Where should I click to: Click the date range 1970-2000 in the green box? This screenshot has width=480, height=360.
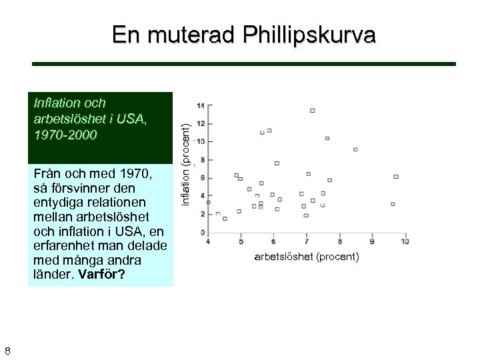pos(65,135)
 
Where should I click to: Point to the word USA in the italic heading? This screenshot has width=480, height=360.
pos(129,119)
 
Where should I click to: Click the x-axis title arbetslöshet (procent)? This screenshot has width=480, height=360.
pos(307,257)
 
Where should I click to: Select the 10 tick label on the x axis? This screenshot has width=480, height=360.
pos(405,241)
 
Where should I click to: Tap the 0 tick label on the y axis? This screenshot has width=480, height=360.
pos(203,232)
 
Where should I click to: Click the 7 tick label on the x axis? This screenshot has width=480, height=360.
pos(307,241)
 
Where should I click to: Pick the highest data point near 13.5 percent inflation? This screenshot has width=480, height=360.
pos(313,110)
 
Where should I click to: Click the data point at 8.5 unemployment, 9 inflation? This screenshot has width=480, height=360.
pos(355,149)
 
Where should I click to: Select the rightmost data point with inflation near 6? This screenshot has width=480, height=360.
pos(396,177)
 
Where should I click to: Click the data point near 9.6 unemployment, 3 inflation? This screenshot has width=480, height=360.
pos(393,204)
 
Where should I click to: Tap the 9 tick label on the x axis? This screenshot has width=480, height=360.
pos(372,241)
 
